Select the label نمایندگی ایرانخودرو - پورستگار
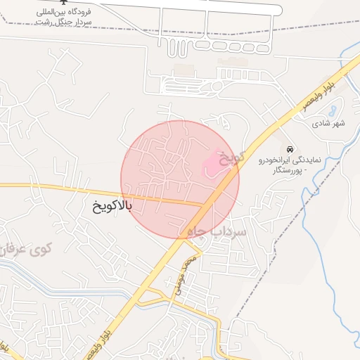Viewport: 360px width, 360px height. [x=289, y=165]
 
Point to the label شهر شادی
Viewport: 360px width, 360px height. [x=329, y=123]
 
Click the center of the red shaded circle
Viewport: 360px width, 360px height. [x=180, y=179]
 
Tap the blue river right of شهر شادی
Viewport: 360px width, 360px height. [x=349, y=141]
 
